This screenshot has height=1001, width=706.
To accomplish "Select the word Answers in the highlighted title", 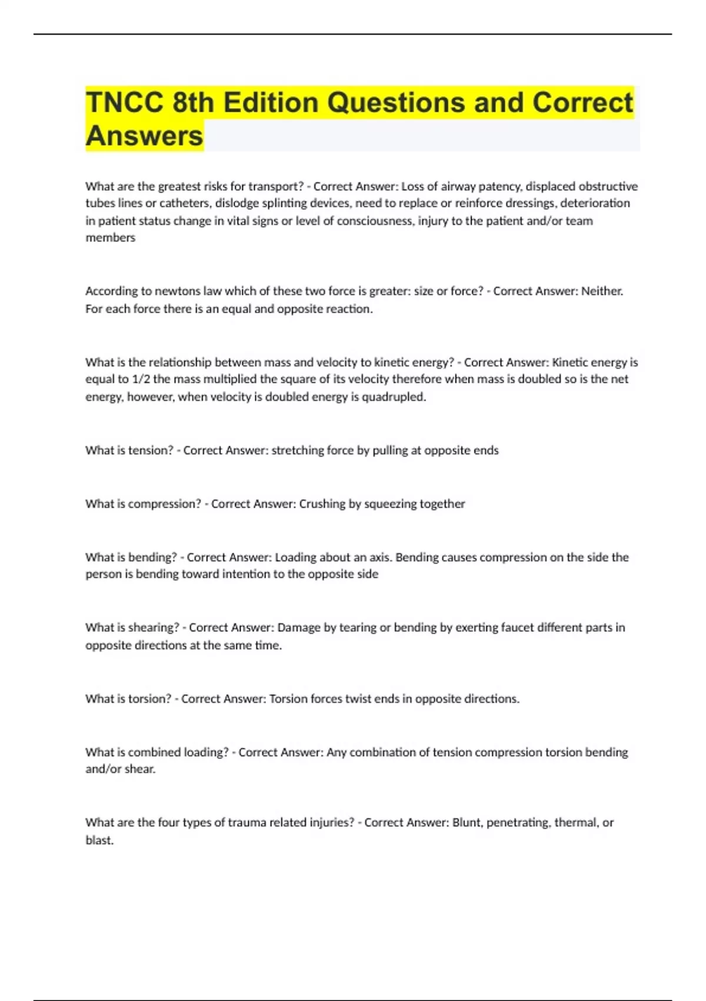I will pos(144,136).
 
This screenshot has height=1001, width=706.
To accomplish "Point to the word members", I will pos(110,238).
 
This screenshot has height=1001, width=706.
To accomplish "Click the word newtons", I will pos(178,291).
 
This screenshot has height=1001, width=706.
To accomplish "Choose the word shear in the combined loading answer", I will pos(139,769).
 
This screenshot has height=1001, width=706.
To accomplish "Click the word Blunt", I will pos(467,823).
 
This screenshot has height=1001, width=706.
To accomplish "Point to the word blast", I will pos(99,840).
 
